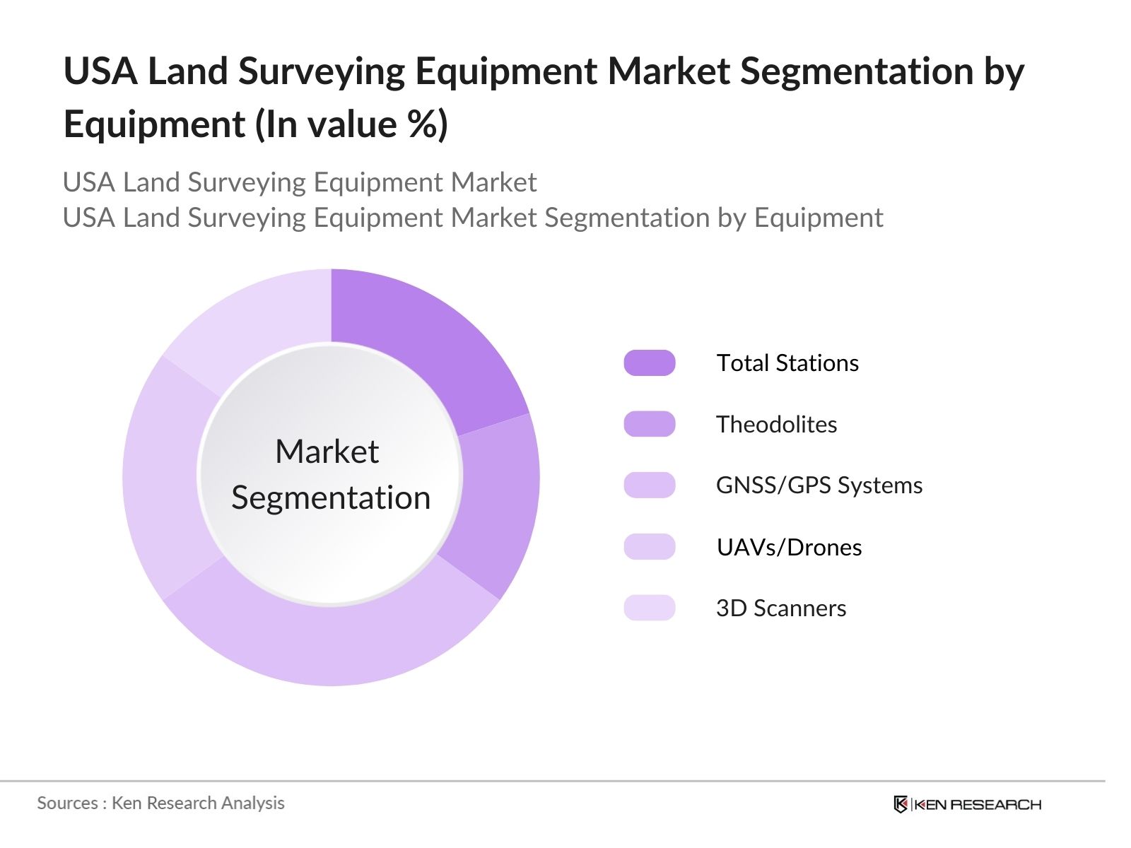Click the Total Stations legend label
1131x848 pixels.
tap(787, 363)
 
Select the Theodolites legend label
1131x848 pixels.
tap(776, 425)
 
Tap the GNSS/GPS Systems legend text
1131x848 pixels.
tap(819, 485)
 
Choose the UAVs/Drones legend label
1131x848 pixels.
tap(789, 548)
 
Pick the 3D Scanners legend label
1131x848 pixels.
tap(780, 608)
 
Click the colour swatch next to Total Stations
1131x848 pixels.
tap(649, 363)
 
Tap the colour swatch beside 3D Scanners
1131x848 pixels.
tap(649, 608)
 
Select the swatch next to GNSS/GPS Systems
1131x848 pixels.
tap(649, 485)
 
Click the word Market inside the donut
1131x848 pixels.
tap(327, 452)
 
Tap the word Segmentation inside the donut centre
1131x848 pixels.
tap(331, 498)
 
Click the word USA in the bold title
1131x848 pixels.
tap(100, 72)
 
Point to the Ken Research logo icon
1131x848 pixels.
tap(900, 805)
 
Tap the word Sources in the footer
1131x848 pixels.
tap(67, 803)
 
